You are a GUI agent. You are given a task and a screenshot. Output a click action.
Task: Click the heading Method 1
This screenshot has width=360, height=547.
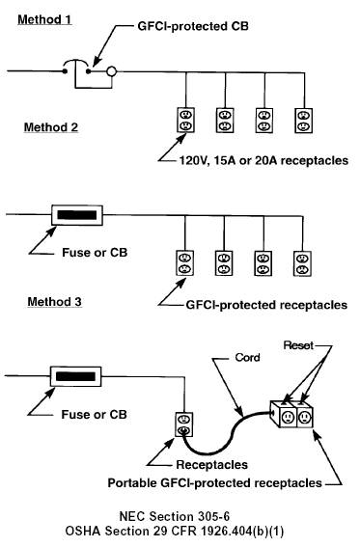click(x=44, y=19)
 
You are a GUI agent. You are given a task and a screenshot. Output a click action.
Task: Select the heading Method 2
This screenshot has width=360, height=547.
click(x=51, y=127)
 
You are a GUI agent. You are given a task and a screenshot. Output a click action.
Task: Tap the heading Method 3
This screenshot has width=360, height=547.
click(x=55, y=301)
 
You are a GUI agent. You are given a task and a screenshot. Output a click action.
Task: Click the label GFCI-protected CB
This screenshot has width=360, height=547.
click(x=193, y=26)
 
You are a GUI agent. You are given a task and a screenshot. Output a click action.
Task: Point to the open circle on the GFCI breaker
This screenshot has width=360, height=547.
click(x=111, y=71)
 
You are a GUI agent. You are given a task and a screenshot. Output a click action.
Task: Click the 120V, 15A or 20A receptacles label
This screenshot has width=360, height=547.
click(x=263, y=160)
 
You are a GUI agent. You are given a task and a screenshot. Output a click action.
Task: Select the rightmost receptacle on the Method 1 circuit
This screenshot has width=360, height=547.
click(x=304, y=121)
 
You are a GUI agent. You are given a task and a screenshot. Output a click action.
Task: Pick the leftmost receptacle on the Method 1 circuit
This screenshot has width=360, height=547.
click(x=185, y=120)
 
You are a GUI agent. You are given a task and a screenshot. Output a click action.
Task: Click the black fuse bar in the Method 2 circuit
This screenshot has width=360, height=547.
click(x=77, y=215)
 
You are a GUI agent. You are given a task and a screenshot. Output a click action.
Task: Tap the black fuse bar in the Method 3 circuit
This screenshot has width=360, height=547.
click(x=75, y=376)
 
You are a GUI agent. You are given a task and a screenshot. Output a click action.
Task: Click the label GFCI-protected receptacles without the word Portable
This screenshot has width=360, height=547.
click(x=266, y=305)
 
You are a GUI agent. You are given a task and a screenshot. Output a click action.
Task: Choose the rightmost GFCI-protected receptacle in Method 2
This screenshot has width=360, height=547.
click(x=302, y=263)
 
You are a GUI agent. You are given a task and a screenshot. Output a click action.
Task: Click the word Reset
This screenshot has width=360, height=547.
click(x=298, y=345)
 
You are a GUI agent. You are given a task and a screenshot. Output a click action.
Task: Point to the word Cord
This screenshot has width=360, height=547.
click(x=248, y=358)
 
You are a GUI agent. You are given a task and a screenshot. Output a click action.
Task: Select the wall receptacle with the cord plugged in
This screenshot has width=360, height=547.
click(x=183, y=424)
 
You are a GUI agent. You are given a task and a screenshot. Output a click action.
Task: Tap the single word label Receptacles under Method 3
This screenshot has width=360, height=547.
click(x=212, y=465)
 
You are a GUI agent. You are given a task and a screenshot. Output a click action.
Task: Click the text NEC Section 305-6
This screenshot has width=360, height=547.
click(x=175, y=516)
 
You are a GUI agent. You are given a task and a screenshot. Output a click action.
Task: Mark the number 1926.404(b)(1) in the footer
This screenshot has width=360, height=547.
click(x=242, y=532)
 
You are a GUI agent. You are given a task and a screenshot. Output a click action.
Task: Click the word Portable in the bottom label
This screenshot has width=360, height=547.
click(x=132, y=483)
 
